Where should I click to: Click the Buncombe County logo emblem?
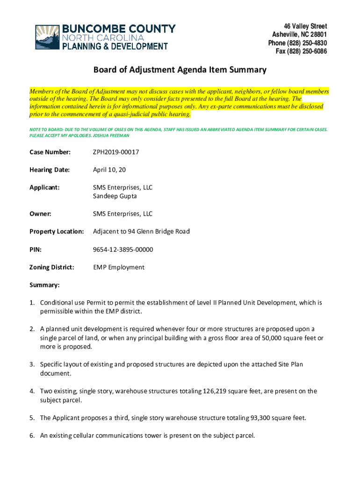click(x=47, y=37)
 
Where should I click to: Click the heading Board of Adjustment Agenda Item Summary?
click(x=180, y=70)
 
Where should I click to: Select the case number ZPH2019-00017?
click(x=116, y=152)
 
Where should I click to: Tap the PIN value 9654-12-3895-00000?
click(x=123, y=249)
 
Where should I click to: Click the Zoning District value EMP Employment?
click(x=119, y=267)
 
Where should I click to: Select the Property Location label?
click(x=57, y=232)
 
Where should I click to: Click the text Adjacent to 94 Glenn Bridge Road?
click(x=141, y=232)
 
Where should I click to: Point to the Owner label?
click(x=40, y=214)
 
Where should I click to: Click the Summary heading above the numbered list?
click(x=44, y=285)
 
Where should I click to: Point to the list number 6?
click(x=32, y=435)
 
